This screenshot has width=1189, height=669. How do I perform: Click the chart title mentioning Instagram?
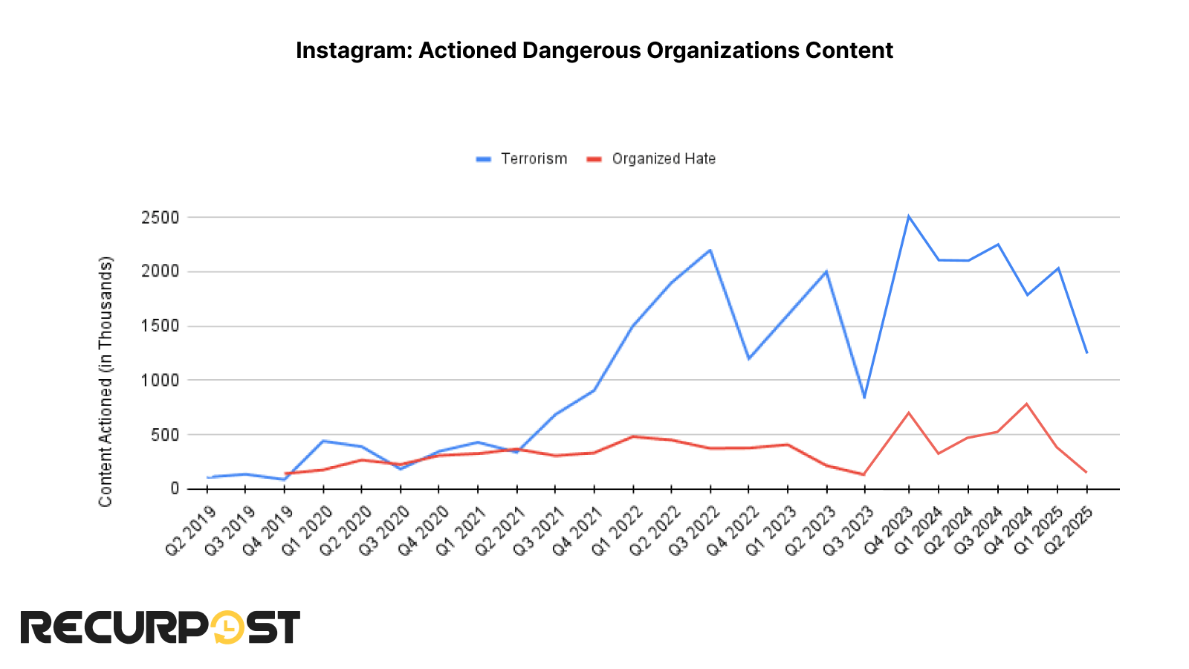click(594, 51)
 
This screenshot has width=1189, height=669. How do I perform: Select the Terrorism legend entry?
click(533, 159)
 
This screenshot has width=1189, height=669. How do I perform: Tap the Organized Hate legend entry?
click(663, 159)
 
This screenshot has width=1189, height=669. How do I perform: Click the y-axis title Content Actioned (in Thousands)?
click(106, 381)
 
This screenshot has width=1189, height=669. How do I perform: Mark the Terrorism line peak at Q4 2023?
click(908, 216)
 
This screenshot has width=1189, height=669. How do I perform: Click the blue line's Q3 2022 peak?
click(710, 250)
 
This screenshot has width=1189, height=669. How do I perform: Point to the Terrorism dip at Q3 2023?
click(864, 398)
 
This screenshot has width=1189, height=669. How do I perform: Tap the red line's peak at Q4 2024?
click(1027, 404)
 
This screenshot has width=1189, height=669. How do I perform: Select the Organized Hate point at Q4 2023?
click(908, 413)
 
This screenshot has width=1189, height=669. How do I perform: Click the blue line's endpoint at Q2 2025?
click(1086, 352)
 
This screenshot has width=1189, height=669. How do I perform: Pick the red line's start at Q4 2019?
click(285, 474)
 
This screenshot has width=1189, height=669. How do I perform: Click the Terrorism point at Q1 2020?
click(323, 441)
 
